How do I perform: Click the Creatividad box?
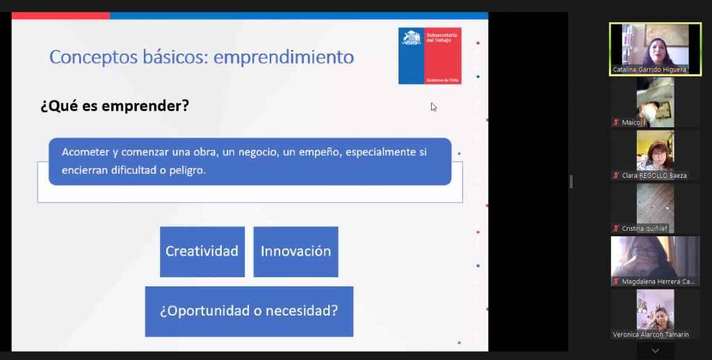[x=202, y=252]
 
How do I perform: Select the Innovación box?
[x=296, y=252]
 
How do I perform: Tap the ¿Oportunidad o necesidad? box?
[x=250, y=311]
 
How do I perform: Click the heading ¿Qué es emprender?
[x=115, y=106]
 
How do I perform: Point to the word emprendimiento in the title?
[x=284, y=57]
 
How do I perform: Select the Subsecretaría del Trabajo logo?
[x=430, y=56]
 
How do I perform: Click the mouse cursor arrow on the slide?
[x=433, y=107]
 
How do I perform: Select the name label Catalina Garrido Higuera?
[x=649, y=70]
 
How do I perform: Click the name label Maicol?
[x=631, y=122]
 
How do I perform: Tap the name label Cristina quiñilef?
[x=645, y=229]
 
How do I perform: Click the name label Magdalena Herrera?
[x=658, y=282]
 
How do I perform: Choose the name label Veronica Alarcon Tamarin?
[x=651, y=335]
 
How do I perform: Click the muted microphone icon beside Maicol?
[x=616, y=122]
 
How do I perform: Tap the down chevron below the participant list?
[x=655, y=351]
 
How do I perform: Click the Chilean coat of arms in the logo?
[x=412, y=38]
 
